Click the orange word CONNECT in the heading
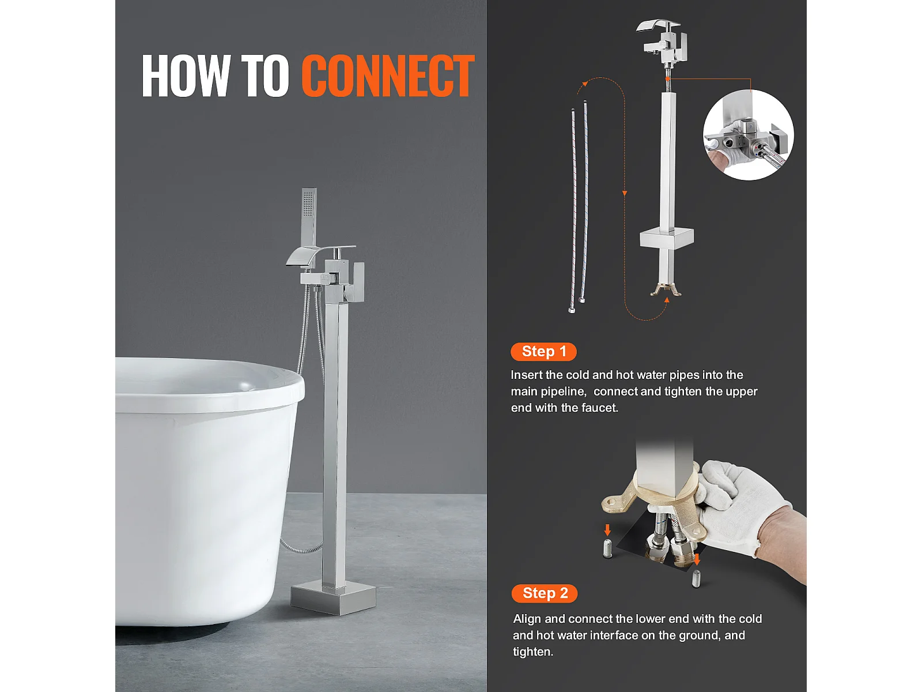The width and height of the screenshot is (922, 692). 388,76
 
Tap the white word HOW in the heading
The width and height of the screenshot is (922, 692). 186,76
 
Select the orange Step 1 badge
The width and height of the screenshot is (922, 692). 543,351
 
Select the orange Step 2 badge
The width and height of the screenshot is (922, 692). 545,593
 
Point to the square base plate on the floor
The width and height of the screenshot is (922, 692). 333,598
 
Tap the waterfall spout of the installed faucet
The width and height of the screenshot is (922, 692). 311,256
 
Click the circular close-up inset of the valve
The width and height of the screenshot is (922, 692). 748,135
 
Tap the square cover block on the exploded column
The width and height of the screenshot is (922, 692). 666,238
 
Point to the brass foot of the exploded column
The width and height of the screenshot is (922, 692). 666,289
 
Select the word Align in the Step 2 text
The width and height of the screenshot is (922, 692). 527,619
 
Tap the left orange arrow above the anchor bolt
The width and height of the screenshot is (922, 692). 607,530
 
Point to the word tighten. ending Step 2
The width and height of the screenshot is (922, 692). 533,652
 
